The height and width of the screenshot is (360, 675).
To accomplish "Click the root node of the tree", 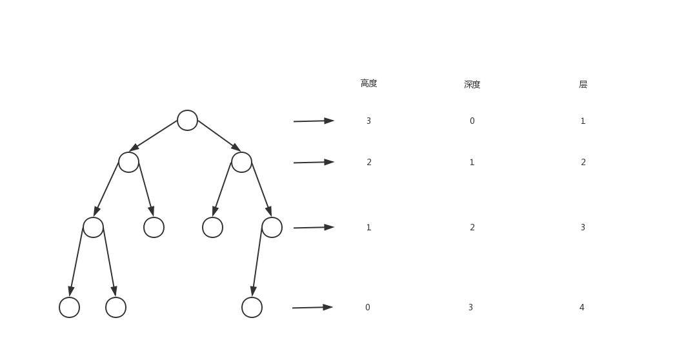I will click(x=187, y=120).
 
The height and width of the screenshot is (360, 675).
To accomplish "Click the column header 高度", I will click(x=368, y=83).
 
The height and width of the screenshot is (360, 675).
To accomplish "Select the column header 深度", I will click(x=472, y=85).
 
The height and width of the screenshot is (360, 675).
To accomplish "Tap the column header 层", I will click(x=583, y=85).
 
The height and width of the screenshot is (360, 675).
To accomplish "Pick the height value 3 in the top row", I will click(x=368, y=121).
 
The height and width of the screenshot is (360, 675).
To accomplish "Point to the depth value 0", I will click(x=472, y=121).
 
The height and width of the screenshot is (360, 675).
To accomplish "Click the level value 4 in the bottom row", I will click(x=581, y=307).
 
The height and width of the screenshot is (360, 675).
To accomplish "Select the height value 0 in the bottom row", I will click(x=368, y=307).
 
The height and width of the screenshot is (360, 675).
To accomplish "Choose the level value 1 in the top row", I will click(x=583, y=121).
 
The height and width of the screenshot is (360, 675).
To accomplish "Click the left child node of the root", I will click(x=128, y=162).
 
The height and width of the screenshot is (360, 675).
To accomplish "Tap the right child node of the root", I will click(x=241, y=162).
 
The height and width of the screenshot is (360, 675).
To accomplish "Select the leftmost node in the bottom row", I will click(x=69, y=307).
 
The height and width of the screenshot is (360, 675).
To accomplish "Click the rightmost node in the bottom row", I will click(x=252, y=307).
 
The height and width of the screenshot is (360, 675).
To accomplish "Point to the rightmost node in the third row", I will click(x=272, y=227).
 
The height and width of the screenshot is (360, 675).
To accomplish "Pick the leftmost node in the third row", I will click(x=93, y=227).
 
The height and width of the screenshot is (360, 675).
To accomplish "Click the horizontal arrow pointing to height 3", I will click(x=314, y=121).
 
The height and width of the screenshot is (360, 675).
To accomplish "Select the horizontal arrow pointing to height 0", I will click(x=312, y=307).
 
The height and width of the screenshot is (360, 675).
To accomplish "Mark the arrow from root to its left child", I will click(x=154, y=135).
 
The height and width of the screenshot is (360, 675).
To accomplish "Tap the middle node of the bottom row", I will click(x=116, y=307).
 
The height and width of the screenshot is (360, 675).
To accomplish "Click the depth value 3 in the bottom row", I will click(x=470, y=307).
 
